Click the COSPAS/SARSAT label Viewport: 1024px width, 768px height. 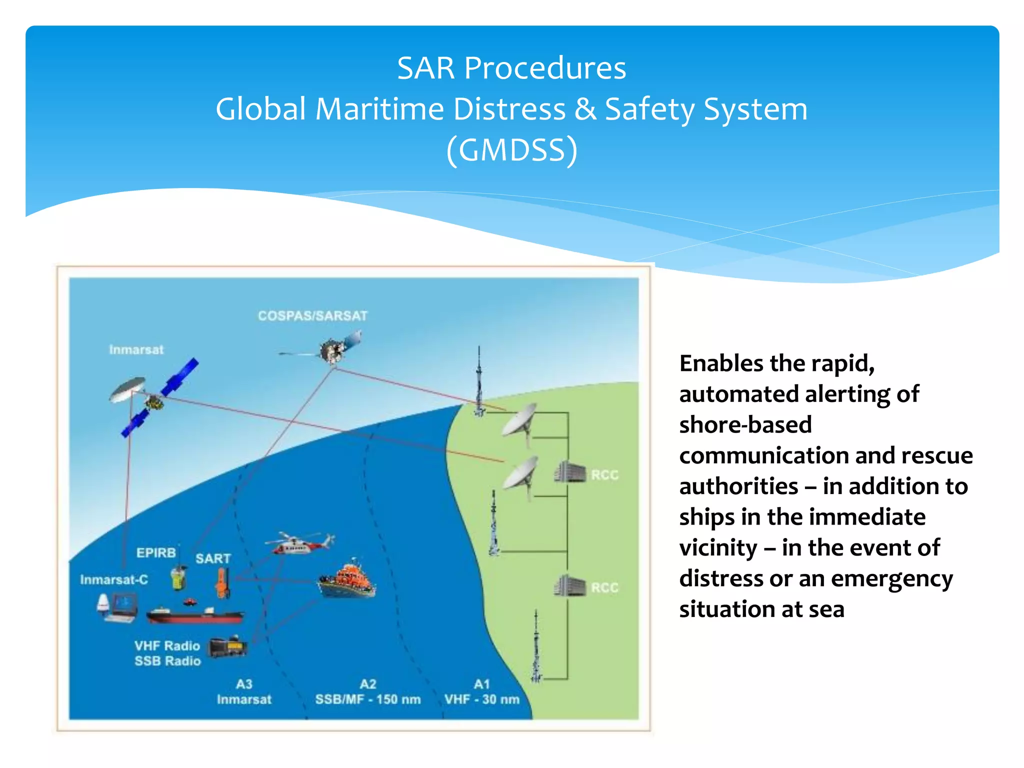312,316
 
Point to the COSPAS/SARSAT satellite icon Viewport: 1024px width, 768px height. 334,350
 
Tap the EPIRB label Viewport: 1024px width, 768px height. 156,553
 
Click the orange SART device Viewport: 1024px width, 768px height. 221,583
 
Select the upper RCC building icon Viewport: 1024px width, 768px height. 569,472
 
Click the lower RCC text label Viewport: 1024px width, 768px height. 604,587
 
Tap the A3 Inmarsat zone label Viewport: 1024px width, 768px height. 244,692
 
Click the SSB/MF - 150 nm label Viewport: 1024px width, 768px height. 367,699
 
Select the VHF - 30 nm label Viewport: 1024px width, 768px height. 481,699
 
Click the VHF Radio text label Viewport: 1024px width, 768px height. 167,646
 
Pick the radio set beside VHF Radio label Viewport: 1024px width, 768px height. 227,648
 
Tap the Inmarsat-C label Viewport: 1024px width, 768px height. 114,580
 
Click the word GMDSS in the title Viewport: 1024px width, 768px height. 511,150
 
